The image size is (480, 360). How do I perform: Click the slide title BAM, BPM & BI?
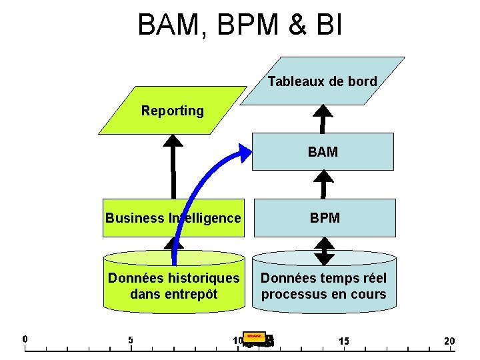coord(240,25)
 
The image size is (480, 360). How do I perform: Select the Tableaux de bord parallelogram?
coord(323,81)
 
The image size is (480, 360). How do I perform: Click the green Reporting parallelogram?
coord(173,111)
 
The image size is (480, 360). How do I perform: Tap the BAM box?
coord(323,152)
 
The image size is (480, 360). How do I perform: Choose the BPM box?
coord(324,218)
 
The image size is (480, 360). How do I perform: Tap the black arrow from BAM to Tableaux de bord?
coord(323,119)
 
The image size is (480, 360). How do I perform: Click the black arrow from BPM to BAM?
coord(324,184)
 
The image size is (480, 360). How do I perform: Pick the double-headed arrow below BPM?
coord(324,251)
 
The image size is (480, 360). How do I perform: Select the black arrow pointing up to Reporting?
coord(173,167)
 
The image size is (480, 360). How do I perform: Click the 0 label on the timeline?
coord(25,339)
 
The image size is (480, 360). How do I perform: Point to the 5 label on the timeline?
coord(131,340)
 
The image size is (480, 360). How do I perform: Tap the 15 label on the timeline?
coord(343,341)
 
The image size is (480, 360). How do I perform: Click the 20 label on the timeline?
coord(449,341)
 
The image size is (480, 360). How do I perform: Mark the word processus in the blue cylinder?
coord(291,294)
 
